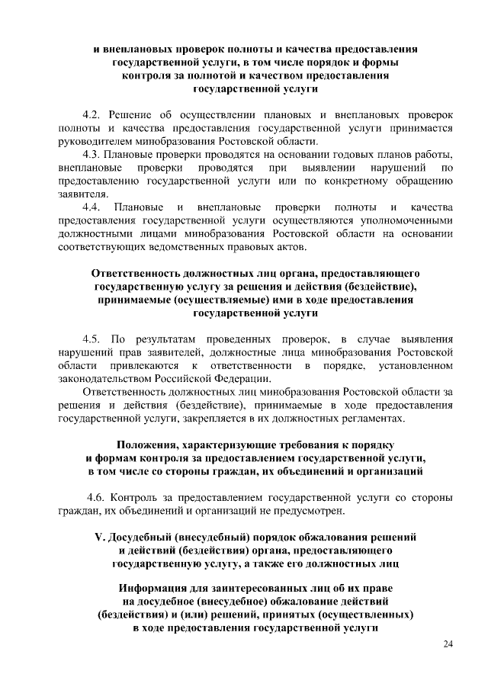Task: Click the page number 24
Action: pyautogui.click(x=448, y=644)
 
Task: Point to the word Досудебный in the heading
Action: pyautogui.click(x=145, y=536)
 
